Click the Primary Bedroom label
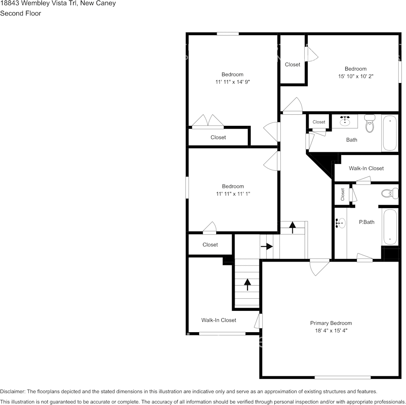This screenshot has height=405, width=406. [331, 323]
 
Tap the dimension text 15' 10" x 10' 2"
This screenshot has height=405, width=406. [356, 76]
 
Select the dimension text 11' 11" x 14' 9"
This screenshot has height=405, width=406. [232, 82]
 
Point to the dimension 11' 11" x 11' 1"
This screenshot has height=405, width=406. [232, 194]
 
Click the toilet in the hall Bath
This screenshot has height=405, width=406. [370, 123]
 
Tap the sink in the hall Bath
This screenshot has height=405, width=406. [346, 121]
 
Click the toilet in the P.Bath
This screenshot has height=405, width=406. [389, 194]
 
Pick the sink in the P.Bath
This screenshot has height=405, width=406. [341, 223]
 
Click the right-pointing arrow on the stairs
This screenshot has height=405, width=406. [267, 247]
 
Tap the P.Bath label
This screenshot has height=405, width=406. [366, 222]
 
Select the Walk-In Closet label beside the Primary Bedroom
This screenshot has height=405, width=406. [218, 320]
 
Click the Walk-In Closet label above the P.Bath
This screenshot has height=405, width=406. [366, 168]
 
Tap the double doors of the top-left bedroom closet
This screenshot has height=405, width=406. [208, 122]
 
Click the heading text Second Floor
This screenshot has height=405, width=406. [21, 13]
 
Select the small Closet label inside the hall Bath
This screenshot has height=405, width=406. [319, 122]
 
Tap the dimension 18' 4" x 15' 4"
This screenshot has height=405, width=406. [331, 331]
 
